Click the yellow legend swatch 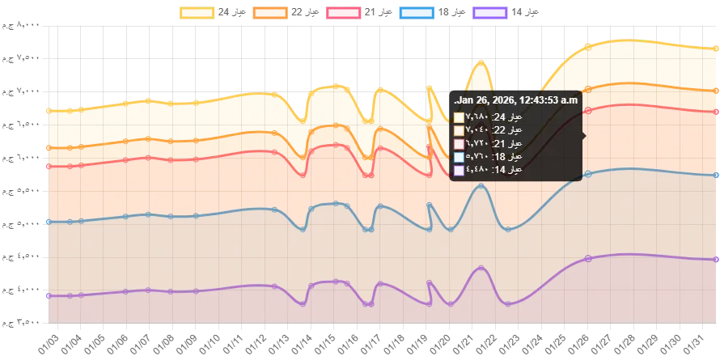pyautogui.click(x=196, y=13)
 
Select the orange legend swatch pyautogui.click(x=271, y=13)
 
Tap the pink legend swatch pyautogui.click(x=343, y=13)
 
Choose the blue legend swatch pyautogui.click(x=417, y=13)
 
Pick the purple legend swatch pyautogui.click(x=491, y=13)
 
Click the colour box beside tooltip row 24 pyautogui.click(x=460, y=117)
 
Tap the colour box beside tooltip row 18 pyautogui.click(x=460, y=157)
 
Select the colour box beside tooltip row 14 pyautogui.click(x=460, y=170)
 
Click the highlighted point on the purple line pyautogui.click(x=588, y=258)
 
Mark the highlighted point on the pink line pyautogui.click(x=588, y=111)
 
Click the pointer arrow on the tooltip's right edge pyautogui.click(x=584, y=136)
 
